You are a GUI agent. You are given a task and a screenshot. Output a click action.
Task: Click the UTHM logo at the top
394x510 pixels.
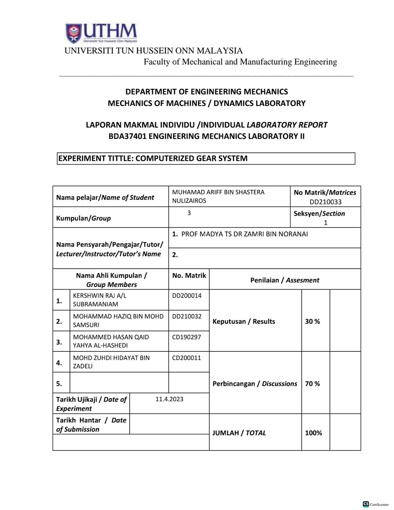pyautogui.click(x=101, y=33)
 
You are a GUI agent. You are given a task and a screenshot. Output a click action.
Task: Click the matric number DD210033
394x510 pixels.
pyautogui.click(x=325, y=202)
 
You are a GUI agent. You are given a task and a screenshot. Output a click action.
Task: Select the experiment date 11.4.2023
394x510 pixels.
pyautogui.click(x=169, y=399)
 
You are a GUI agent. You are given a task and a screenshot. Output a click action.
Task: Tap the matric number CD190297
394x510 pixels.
pyautogui.click(x=186, y=337)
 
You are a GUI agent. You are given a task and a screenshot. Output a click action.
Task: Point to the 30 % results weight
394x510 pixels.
pyautogui.click(x=312, y=322)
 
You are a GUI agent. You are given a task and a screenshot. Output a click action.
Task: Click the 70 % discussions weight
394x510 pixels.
pyautogui.click(x=312, y=384)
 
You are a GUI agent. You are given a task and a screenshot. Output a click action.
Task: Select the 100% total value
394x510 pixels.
pyautogui.click(x=313, y=433)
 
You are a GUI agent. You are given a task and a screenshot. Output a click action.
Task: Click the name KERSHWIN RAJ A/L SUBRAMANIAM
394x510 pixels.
pyautogui.click(x=99, y=299)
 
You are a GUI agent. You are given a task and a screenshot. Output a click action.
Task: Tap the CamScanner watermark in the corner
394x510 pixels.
pyautogui.click(x=376, y=504)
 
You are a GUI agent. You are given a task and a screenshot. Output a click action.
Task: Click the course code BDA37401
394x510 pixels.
pyautogui.click(x=127, y=136)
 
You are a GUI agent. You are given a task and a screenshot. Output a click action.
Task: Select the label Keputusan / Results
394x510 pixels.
pyautogui.click(x=244, y=322)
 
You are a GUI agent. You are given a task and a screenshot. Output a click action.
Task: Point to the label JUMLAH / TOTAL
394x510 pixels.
pyautogui.click(x=239, y=433)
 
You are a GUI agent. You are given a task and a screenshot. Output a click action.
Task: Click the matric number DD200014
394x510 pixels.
pyautogui.click(x=187, y=296)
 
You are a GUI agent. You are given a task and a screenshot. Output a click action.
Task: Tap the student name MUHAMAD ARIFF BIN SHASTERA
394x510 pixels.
pyautogui.click(x=218, y=192)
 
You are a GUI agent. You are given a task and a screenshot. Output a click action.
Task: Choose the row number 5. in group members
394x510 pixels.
pyautogui.click(x=59, y=384)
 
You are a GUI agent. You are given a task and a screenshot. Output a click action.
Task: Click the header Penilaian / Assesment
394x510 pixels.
pyautogui.click(x=285, y=280)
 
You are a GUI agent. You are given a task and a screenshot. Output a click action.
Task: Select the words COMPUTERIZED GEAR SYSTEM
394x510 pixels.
pyautogui.click(x=191, y=158)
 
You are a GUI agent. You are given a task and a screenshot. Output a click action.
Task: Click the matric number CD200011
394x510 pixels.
pyautogui.click(x=186, y=358)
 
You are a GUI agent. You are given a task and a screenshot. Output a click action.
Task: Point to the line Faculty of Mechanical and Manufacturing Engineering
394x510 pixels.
pyautogui.click(x=240, y=62)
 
